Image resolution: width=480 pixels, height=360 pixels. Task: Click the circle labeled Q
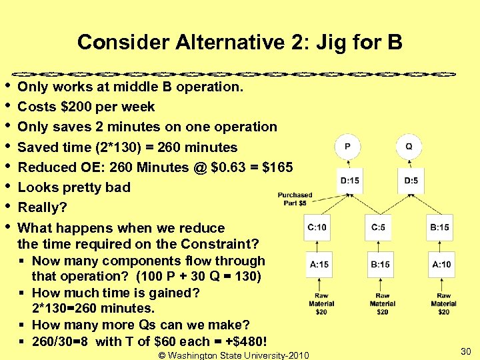(x=409, y=147)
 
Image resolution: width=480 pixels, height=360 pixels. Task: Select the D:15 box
(x=349, y=181)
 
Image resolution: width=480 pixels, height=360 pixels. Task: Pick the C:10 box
(x=318, y=227)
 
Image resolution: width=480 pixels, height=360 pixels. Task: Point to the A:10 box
(x=441, y=265)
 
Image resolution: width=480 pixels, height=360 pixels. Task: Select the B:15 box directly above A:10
(x=440, y=227)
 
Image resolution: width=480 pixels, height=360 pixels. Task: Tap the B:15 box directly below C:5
(x=380, y=265)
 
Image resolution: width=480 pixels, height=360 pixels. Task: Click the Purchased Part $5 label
(x=295, y=199)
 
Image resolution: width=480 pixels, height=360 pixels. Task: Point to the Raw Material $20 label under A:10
(x=443, y=303)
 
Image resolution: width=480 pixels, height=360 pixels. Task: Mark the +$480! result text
(x=247, y=342)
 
